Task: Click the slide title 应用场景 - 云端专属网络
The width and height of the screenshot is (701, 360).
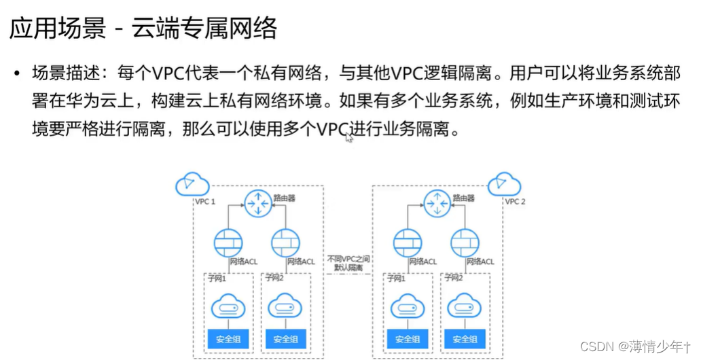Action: pos(143,29)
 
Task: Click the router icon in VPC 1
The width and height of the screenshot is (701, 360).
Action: pos(257,202)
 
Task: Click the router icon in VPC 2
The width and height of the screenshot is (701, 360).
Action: pos(437,202)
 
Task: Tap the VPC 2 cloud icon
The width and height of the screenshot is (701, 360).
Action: pos(504,184)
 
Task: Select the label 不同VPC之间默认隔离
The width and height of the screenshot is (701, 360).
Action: pos(348,264)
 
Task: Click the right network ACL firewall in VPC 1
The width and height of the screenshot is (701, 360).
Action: pos(285,242)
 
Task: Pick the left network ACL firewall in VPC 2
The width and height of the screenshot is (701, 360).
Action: pos(407,242)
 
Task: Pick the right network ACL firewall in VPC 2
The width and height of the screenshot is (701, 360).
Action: pos(465,242)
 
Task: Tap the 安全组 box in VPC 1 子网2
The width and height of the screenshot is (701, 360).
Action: pos(285,339)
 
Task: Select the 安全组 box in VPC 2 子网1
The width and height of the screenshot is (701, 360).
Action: pos(407,339)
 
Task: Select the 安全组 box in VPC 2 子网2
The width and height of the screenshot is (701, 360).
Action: pos(465,339)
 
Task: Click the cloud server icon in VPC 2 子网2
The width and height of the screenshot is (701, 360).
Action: pos(465,308)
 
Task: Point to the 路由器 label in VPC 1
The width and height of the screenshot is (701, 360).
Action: pos(284,198)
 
